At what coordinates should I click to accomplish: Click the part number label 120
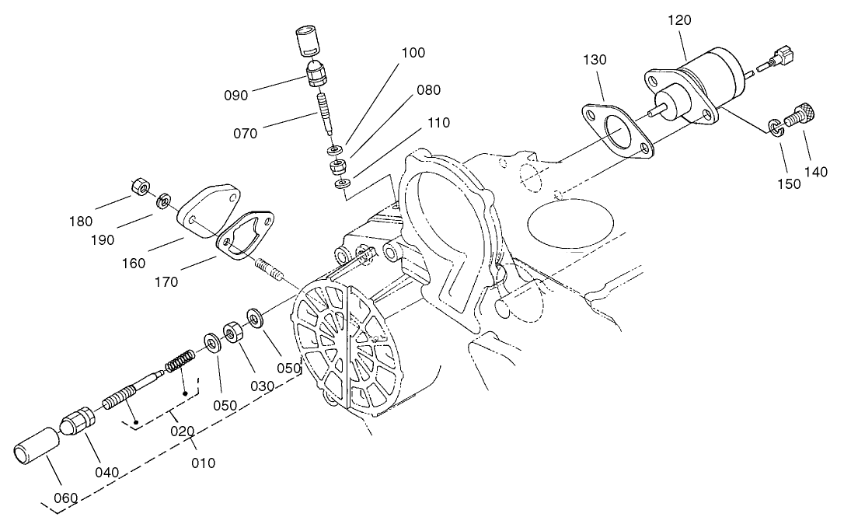(x=678, y=20)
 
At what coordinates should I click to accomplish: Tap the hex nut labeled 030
(x=232, y=333)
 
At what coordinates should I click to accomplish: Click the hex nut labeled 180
(x=139, y=187)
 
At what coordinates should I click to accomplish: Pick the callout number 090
(x=235, y=96)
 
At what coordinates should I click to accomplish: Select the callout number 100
(x=413, y=53)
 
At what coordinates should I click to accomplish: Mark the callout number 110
(x=438, y=123)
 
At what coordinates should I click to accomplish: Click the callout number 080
(x=428, y=90)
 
